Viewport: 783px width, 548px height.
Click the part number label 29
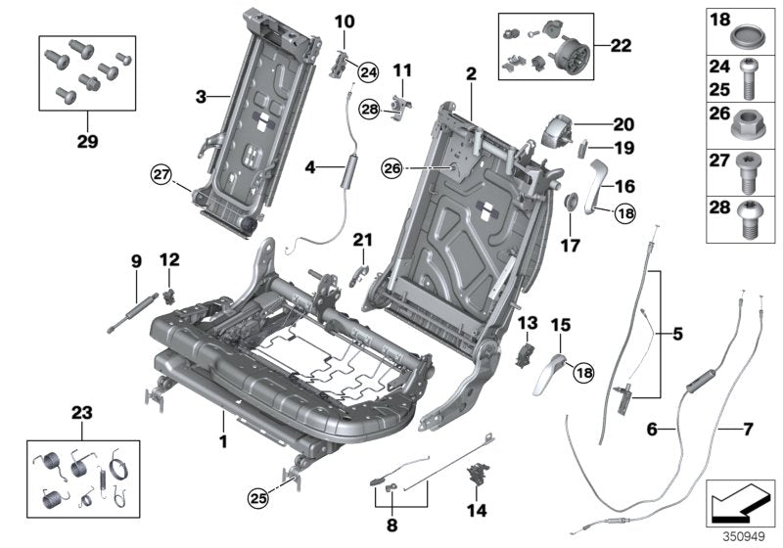coord(83,140)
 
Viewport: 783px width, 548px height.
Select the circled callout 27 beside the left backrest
coord(161,176)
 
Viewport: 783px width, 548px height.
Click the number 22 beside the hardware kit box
coord(621,45)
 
